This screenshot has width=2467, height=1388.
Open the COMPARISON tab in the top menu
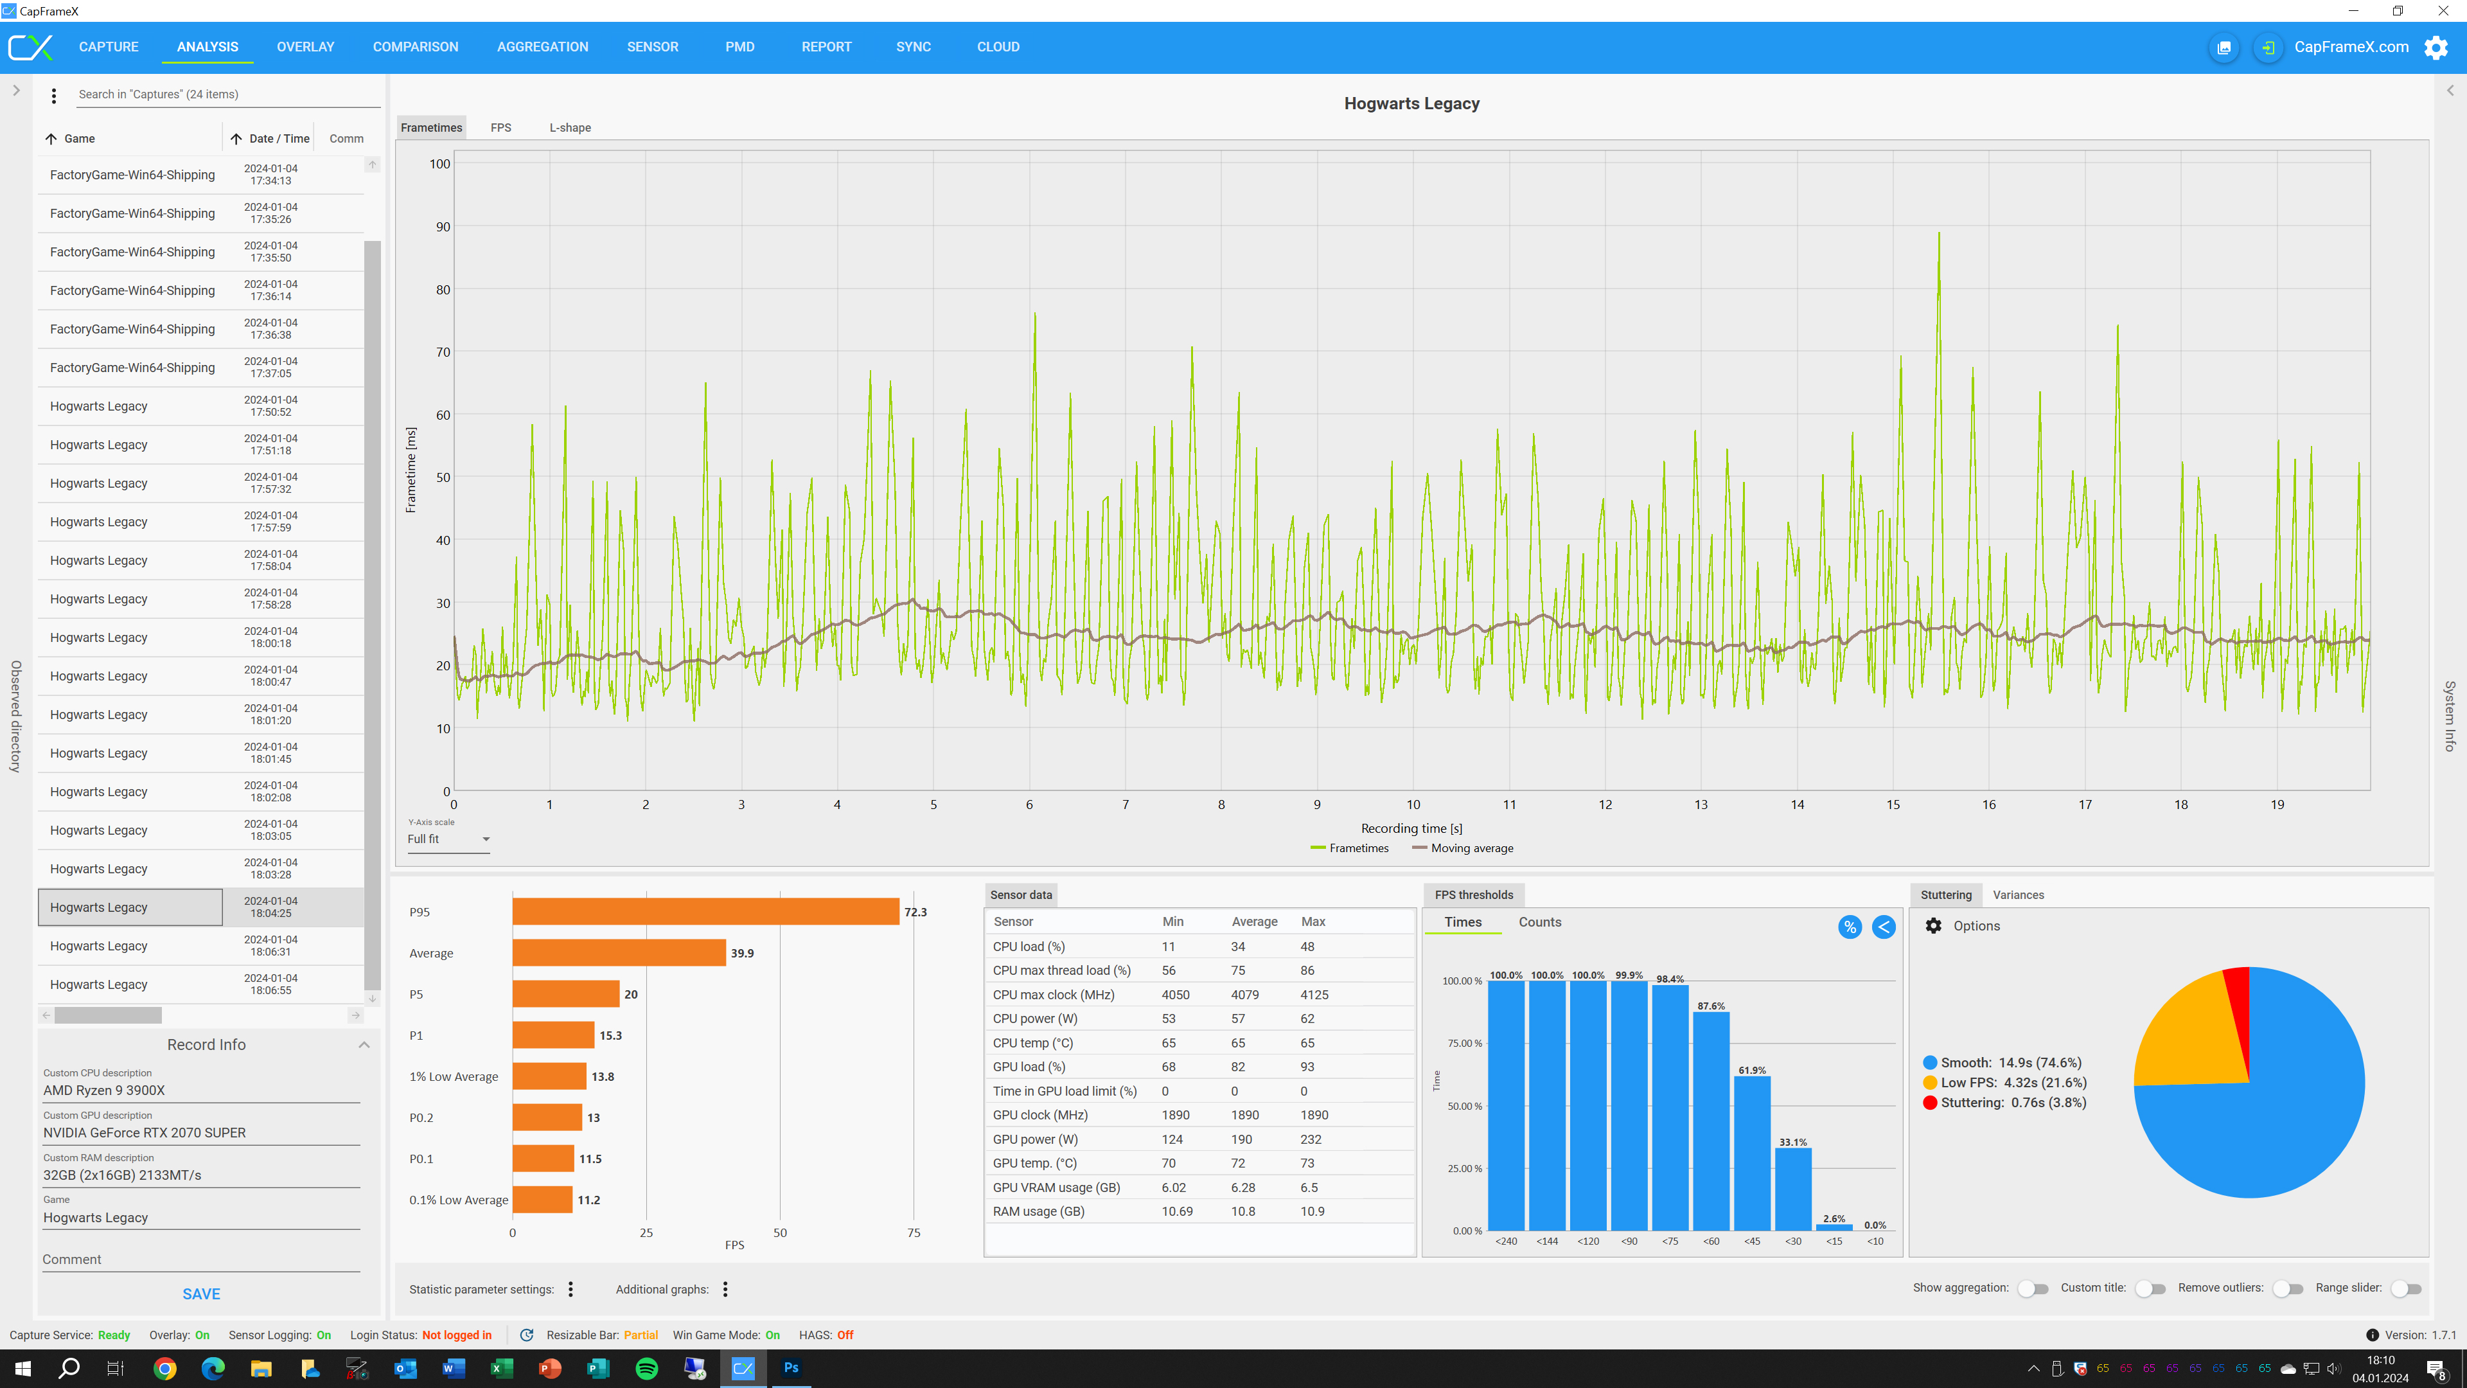tap(416, 47)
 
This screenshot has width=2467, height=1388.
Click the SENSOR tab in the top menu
tap(652, 47)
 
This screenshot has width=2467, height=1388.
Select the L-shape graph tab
tap(570, 127)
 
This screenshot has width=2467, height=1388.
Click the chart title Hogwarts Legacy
tap(1411, 103)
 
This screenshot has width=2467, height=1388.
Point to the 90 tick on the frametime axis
tap(443, 227)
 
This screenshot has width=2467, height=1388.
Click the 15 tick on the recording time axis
tap(1893, 805)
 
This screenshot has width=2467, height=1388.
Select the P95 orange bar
tap(705, 912)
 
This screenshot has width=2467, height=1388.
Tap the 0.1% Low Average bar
tap(542, 1200)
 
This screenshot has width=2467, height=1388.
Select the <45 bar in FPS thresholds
tap(1751, 1153)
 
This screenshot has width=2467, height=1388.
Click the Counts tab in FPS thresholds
tap(1539, 923)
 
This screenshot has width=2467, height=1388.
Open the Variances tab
tap(2018, 894)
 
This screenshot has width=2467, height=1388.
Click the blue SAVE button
tap(201, 1294)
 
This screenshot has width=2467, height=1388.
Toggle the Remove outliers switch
tap(2288, 1288)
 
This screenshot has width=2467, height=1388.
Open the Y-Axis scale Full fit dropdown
tap(448, 839)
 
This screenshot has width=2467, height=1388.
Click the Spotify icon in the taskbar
tap(646, 1368)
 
